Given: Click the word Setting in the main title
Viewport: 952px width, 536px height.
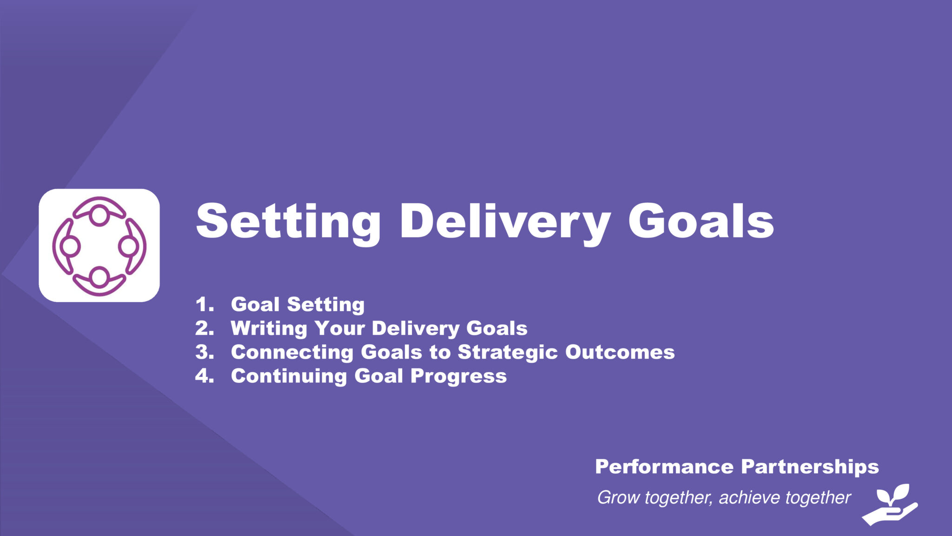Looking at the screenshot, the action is [288, 222].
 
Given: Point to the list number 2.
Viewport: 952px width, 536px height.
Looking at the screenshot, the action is [205, 328].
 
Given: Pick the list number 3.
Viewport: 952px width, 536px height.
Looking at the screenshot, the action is [205, 352].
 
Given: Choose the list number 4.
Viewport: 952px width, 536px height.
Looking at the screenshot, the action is [205, 376].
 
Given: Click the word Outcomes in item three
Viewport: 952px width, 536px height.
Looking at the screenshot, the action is [620, 352].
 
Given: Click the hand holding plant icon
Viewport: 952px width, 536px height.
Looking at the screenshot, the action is [890, 505].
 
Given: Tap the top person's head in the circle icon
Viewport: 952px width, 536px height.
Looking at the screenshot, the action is [99, 216].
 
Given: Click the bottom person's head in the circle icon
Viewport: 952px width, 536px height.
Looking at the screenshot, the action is [99, 276].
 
